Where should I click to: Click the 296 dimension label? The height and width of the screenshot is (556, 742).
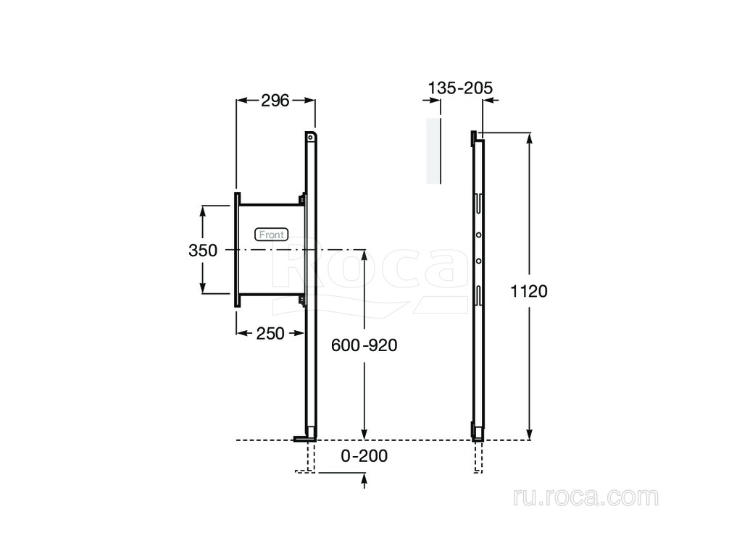(x=275, y=100)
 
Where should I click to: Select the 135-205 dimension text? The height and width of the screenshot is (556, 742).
(x=460, y=88)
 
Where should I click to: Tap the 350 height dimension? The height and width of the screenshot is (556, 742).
(x=203, y=250)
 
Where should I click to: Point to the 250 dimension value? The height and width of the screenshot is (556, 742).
(x=270, y=333)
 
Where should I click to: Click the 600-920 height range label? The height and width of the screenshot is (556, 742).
(x=364, y=345)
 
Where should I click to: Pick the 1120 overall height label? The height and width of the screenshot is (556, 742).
(x=528, y=291)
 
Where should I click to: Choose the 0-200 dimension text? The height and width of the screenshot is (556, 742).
(x=364, y=456)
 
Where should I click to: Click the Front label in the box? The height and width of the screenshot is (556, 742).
(x=272, y=235)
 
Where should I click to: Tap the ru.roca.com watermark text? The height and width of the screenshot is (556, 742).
(x=585, y=497)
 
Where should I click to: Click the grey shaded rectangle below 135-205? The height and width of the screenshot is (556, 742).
(x=433, y=151)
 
